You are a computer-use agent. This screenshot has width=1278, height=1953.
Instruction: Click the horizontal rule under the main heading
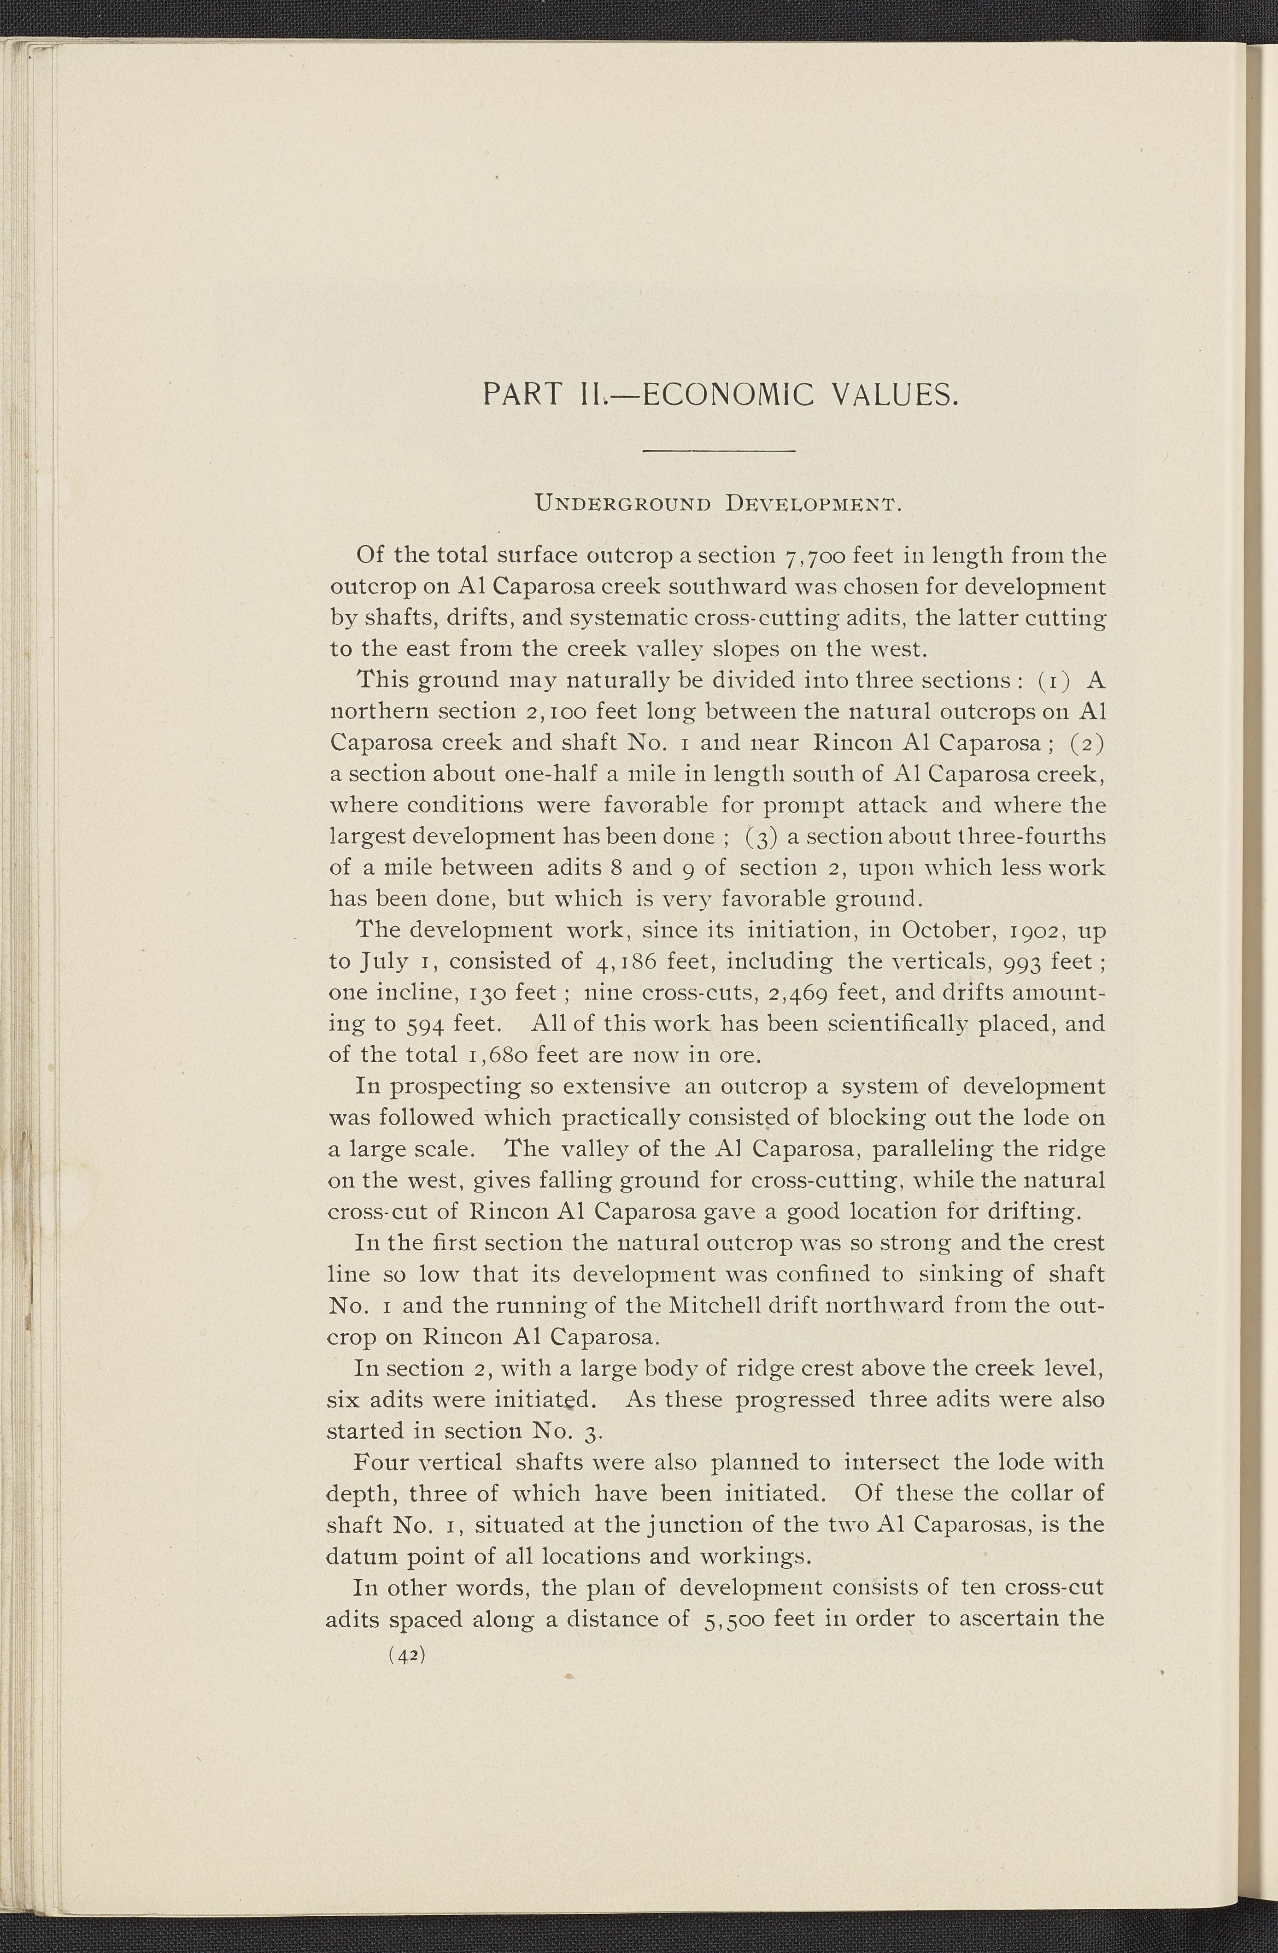click(x=719, y=451)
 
